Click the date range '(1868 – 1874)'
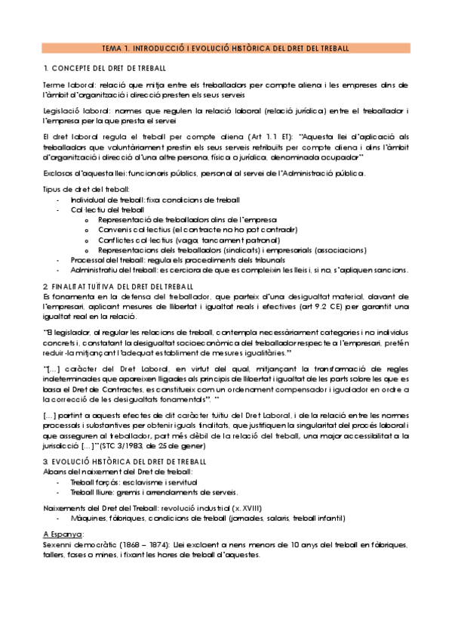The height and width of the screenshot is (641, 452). pos(147,544)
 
